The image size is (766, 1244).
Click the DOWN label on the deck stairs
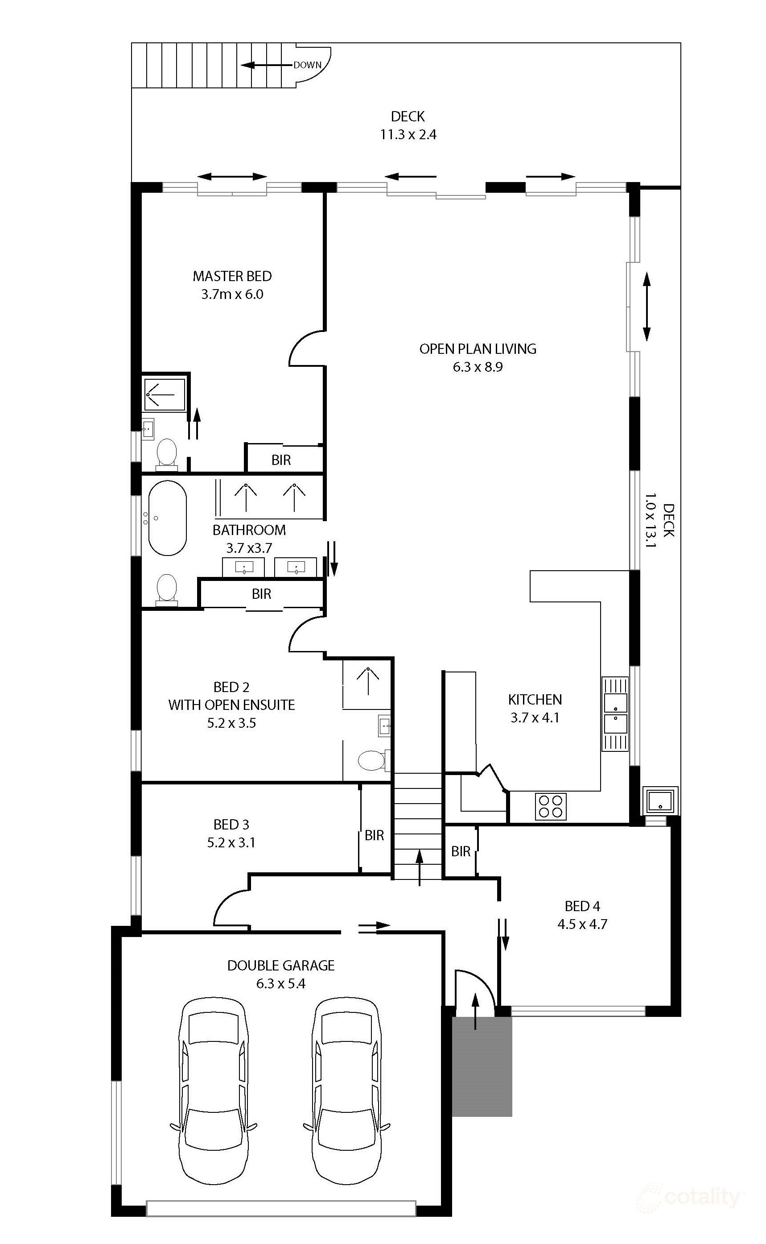click(307, 65)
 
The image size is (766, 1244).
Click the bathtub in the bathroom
click(167, 518)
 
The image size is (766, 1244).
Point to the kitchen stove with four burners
click(550, 806)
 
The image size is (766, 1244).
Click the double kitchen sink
click(614, 714)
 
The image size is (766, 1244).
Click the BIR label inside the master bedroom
click(281, 460)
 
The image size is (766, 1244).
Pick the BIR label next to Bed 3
click(375, 835)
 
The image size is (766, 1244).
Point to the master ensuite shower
click(164, 394)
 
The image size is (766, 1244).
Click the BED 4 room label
click(582, 906)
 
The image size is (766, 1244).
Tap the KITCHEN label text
click(535, 700)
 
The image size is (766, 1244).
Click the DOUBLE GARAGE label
click(280, 965)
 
